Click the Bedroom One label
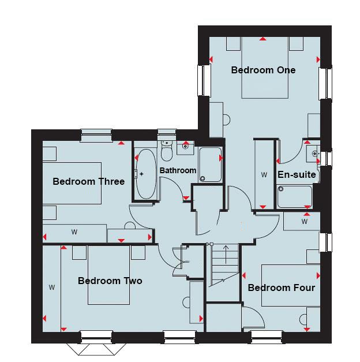pyautogui.click(x=263, y=70)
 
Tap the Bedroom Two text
pyautogui.click(x=110, y=281)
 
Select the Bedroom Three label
pyautogui.click(x=88, y=181)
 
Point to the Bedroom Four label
pyautogui.click(x=282, y=287)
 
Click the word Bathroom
pyautogui.click(x=178, y=170)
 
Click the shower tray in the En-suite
pyautogui.click(x=294, y=196)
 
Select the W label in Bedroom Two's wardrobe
pyautogui.click(x=51, y=286)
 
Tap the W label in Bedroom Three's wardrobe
pyautogui.click(x=74, y=232)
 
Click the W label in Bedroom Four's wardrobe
pyautogui.click(x=303, y=221)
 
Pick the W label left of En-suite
pyautogui.click(x=264, y=174)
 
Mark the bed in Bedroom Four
pyautogui.click(x=288, y=285)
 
